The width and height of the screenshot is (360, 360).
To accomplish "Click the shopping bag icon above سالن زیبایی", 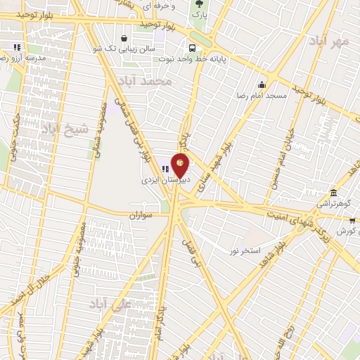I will tap(124, 38).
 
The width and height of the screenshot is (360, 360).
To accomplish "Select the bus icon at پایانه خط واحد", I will tap(192, 49).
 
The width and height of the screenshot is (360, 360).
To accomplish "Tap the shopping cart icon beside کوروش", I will tap(352, 220).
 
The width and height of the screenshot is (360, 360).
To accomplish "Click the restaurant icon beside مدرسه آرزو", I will tap(16, 48).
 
